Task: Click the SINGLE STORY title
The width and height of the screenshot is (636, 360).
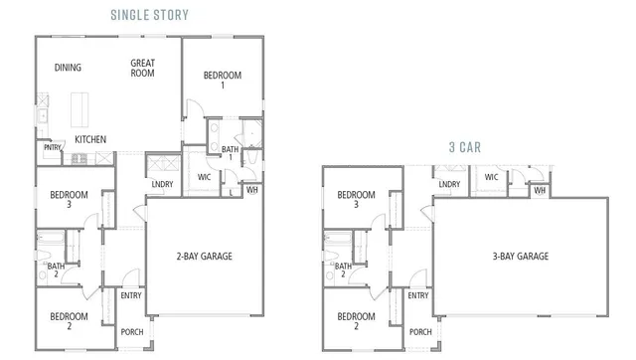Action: (x=150, y=15)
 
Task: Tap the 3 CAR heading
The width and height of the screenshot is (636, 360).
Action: (x=464, y=146)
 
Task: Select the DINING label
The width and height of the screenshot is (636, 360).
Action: (x=69, y=68)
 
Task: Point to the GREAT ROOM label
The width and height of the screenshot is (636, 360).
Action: (x=143, y=68)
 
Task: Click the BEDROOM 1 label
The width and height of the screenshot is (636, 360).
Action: (x=222, y=81)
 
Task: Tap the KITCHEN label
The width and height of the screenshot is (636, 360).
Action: (x=90, y=139)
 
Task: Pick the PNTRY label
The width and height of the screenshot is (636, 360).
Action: (x=53, y=148)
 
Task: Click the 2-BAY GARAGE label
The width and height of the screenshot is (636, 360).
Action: (x=204, y=256)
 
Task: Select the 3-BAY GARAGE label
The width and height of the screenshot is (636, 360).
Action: (x=518, y=256)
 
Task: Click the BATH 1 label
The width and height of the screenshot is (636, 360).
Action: (x=229, y=153)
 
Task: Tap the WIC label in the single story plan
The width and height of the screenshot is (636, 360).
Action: (x=205, y=177)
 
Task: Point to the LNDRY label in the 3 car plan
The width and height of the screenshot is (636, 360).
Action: (x=449, y=184)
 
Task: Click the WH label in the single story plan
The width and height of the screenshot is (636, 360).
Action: (x=252, y=189)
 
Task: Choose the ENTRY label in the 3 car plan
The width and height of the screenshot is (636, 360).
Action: (x=418, y=295)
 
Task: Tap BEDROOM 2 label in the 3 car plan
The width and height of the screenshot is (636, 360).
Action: (x=356, y=322)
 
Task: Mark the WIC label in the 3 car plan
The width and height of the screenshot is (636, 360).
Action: (x=491, y=177)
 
